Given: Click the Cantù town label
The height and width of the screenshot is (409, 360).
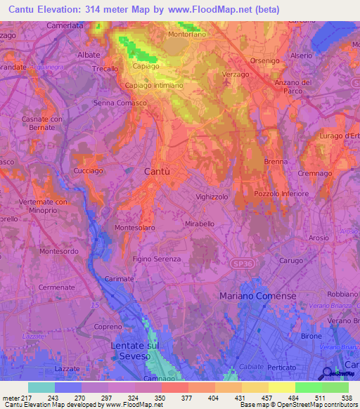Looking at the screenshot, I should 157,171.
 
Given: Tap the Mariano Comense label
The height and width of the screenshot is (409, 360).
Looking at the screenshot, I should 258,296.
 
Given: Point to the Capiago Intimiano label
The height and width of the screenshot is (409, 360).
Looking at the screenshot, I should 154,85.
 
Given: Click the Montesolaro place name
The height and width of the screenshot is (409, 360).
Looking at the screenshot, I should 134,228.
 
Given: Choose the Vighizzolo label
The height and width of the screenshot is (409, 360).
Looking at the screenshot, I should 212,197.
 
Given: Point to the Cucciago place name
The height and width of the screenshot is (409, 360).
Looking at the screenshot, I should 89,171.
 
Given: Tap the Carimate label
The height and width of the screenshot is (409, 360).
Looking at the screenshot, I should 120,279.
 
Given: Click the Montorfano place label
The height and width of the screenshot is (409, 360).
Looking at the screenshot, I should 187,34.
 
